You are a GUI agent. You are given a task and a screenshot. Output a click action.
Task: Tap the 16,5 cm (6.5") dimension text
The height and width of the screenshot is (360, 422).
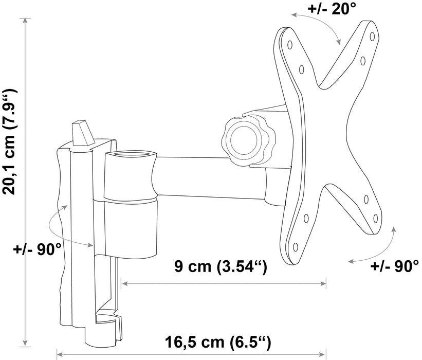click(217, 341)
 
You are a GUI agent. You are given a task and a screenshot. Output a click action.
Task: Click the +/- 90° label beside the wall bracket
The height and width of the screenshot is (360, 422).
click(38, 249)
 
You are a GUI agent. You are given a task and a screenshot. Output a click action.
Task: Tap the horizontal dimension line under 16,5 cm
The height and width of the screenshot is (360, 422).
click(190, 354)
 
